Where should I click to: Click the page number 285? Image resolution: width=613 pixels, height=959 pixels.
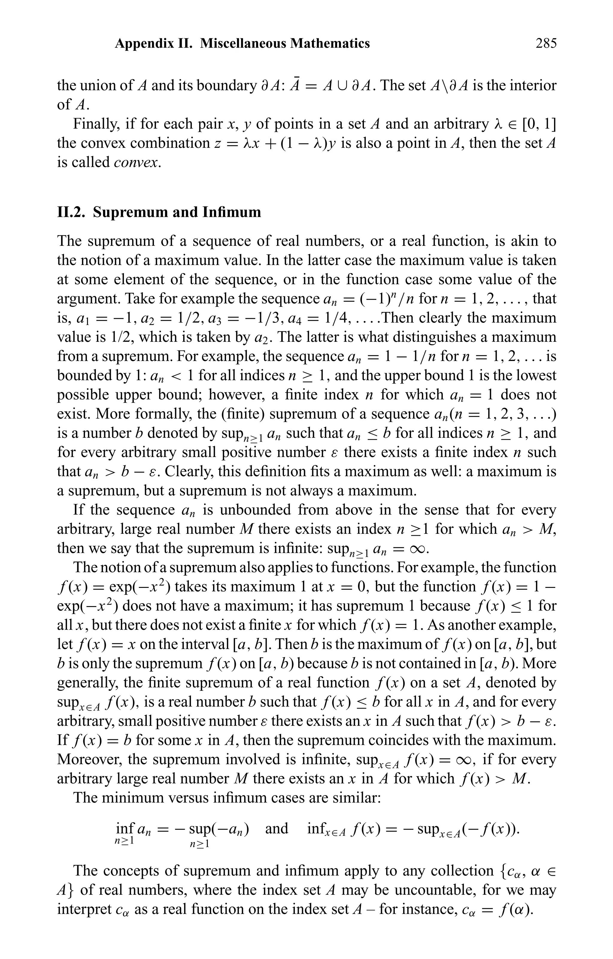coord(546,43)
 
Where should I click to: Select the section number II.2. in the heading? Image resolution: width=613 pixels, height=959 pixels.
coord(72,212)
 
